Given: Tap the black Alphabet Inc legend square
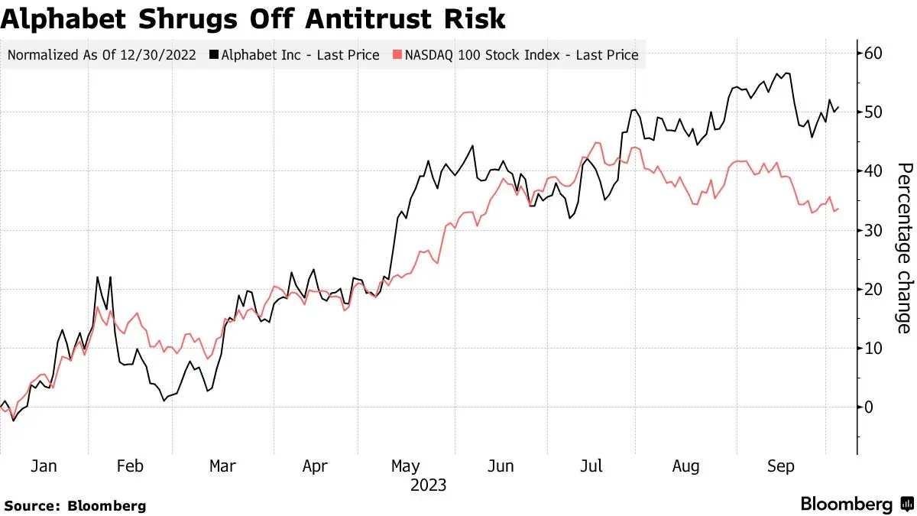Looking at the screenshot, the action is [214, 54].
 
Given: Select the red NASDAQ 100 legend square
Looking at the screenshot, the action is [397, 54].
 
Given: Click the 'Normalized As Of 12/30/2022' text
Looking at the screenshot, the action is [102, 55].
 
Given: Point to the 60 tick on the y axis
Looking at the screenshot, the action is [873, 54].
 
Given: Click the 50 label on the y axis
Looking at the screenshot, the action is [873, 112].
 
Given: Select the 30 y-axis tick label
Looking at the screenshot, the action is [873, 231].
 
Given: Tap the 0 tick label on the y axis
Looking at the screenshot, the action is [868, 407].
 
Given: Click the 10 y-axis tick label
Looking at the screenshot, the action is [873, 349].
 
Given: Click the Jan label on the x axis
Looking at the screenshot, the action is [44, 466].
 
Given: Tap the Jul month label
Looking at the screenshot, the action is [591, 466].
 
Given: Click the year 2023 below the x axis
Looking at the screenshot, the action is [428, 485].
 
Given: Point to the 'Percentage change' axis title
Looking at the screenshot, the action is [905, 248].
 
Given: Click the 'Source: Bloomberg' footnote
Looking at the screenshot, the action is [76, 506].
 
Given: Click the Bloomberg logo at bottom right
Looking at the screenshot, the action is [857, 504].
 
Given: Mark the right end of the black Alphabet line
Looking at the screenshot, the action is [839, 108].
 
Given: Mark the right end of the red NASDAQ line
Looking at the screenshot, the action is [838, 209].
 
